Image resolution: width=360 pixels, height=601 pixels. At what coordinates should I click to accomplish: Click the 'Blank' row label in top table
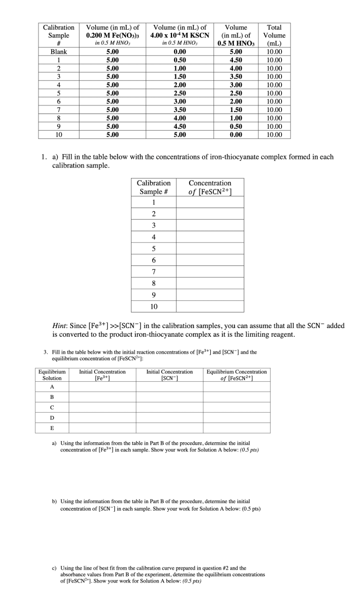tap(59, 52)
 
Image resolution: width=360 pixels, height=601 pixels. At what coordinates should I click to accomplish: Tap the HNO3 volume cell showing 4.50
tap(236, 60)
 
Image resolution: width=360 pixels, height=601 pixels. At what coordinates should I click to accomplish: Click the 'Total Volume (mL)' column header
tap(274, 35)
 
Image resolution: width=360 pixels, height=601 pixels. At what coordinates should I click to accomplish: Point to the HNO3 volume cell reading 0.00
tap(236, 135)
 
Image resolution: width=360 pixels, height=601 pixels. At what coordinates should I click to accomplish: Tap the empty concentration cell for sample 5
tap(210, 249)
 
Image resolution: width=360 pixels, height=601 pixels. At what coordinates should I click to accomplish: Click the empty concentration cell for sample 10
tap(210, 306)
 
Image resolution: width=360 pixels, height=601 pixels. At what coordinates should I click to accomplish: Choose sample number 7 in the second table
tap(154, 272)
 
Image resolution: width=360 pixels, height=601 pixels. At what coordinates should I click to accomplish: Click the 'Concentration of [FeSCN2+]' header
tap(210, 187)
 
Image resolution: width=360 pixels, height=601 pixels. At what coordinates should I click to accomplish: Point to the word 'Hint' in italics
tap(60, 326)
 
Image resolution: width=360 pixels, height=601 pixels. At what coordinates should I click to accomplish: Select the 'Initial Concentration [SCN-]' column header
tap(170, 375)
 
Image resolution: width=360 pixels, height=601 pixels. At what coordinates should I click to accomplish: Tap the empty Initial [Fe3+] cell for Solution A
tap(102, 387)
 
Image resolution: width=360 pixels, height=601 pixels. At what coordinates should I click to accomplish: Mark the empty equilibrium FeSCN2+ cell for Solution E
tap(237, 428)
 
